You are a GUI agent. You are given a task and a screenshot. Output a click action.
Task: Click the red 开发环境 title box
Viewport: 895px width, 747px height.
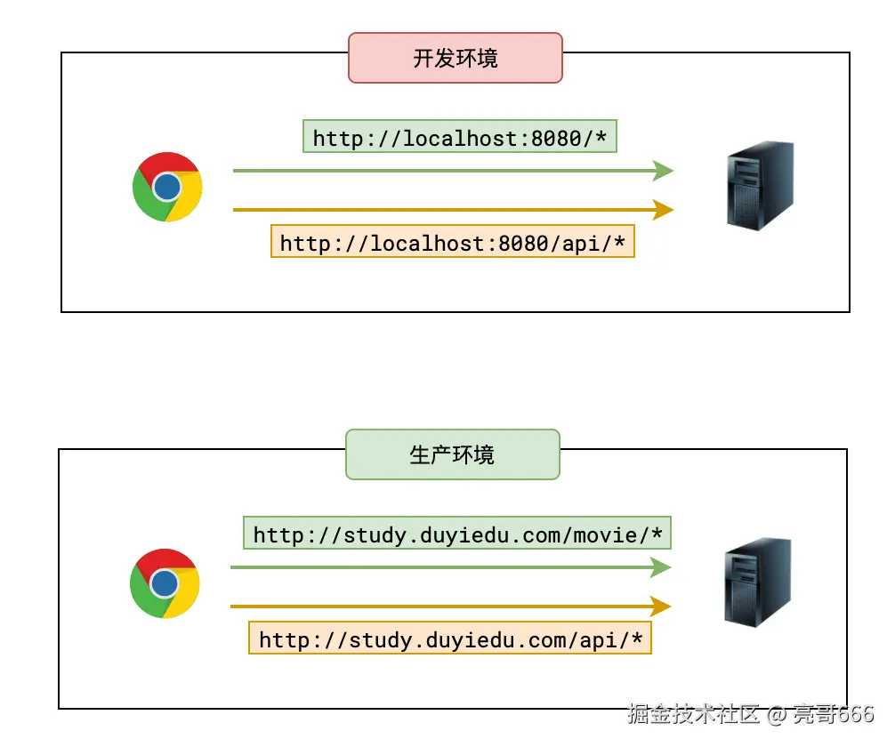click(x=455, y=58)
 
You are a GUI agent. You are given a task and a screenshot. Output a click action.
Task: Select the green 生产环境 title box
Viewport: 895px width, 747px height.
click(x=452, y=454)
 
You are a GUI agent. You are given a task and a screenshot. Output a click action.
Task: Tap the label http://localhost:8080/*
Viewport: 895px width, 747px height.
click(x=459, y=138)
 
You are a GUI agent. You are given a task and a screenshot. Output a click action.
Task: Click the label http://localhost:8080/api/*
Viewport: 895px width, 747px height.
click(x=452, y=243)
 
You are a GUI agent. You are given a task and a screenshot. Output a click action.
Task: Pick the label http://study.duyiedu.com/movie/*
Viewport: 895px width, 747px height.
click(x=457, y=534)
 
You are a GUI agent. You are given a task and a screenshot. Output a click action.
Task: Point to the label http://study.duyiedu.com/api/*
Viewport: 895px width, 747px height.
click(x=449, y=639)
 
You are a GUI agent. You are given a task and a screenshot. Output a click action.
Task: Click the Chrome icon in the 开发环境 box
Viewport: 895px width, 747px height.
click(x=167, y=187)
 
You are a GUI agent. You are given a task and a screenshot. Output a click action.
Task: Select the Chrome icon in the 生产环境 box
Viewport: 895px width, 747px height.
click(x=165, y=583)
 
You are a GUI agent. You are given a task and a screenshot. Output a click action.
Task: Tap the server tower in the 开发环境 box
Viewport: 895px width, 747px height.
click(x=759, y=186)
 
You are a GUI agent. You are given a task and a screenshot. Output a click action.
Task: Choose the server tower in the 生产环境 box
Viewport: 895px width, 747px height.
click(x=756, y=582)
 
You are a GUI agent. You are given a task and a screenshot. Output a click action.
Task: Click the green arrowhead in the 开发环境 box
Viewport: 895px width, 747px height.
click(x=663, y=171)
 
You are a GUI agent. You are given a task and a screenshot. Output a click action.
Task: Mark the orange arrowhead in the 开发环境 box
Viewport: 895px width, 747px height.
click(x=663, y=210)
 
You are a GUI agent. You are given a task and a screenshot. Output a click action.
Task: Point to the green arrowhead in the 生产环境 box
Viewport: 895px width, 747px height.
click(x=660, y=567)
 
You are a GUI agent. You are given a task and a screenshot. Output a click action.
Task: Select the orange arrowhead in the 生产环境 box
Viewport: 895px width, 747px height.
click(x=660, y=606)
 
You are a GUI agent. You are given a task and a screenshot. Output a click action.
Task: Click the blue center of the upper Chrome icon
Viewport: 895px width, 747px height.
click(x=166, y=187)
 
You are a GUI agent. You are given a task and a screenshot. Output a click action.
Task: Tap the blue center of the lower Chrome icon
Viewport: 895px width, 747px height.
click(x=164, y=583)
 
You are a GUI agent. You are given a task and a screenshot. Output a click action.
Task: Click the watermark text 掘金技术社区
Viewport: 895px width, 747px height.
click(x=694, y=713)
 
